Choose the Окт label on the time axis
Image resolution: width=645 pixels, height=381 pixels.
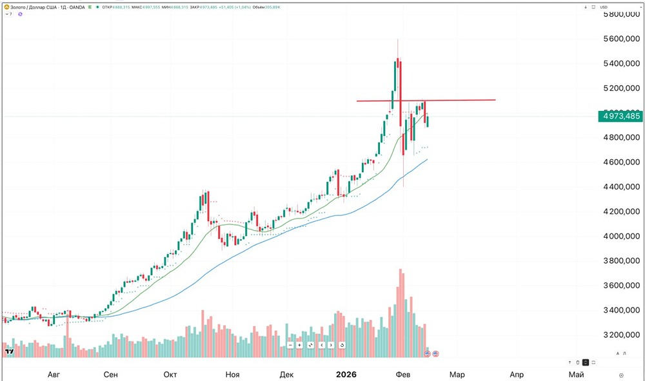pyautogui.click(x=170, y=375)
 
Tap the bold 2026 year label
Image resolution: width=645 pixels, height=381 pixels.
pyautogui.click(x=346, y=375)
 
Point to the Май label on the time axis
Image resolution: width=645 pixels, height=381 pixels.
pyautogui.click(x=576, y=375)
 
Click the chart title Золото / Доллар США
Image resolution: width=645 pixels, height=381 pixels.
pyautogui.click(x=32, y=7)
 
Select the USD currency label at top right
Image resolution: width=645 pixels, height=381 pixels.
pyautogui.click(x=604, y=7)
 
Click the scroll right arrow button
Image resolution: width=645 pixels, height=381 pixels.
pyautogui.click(x=331, y=345)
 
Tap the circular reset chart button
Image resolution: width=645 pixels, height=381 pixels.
pyautogui.click(x=341, y=345)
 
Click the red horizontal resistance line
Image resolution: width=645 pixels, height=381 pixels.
pyautogui.click(x=451, y=100)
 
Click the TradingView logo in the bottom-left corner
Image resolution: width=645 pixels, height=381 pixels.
pyautogui.click(x=10, y=351)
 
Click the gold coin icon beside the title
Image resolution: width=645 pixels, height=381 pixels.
pyautogui.click(x=5, y=7)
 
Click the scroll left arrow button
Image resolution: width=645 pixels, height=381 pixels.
pyautogui.click(x=321, y=345)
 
